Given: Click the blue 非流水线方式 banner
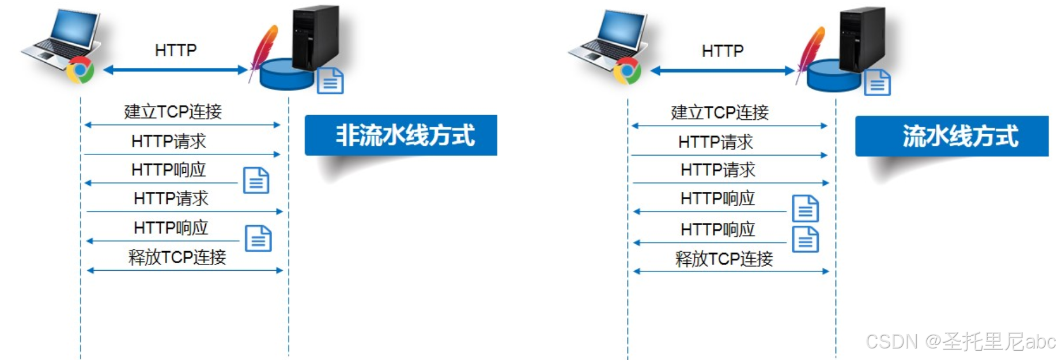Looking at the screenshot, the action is pyautogui.click(x=400, y=135).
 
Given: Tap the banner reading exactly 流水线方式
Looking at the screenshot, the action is pyautogui.click(x=951, y=137).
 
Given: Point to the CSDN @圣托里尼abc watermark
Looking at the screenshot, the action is pyautogui.click(x=960, y=342).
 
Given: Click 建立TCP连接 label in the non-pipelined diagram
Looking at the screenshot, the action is pyautogui.click(x=173, y=111).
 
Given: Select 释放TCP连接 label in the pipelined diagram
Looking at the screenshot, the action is pyautogui.click(x=724, y=259).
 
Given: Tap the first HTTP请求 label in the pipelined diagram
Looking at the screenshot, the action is pyautogui.click(x=716, y=142).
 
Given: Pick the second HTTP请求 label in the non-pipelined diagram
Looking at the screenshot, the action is pyautogui.click(x=171, y=198).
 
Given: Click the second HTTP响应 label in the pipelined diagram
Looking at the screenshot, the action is pyautogui.click(x=717, y=229).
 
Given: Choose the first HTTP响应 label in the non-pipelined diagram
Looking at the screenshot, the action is pyautogui.click(x=168, y=169).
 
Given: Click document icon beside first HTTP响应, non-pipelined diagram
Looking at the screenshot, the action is pyautogui.click(x=256, y=180).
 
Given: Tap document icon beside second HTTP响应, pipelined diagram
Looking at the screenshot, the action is pyautogui.click(x=806, y=239).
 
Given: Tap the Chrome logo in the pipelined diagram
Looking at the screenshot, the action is pyautogui.click(x=627, y=71).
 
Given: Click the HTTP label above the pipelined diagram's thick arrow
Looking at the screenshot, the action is pyautogui.click(x=722, y=51).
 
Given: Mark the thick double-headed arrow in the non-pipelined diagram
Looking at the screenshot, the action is pyautogui.click(x=176, y=70).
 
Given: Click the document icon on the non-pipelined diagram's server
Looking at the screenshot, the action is pyautogui.click(x=330, y=81).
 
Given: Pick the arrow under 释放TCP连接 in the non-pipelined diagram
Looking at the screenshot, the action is pyautogui.click(x=184, y=270).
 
